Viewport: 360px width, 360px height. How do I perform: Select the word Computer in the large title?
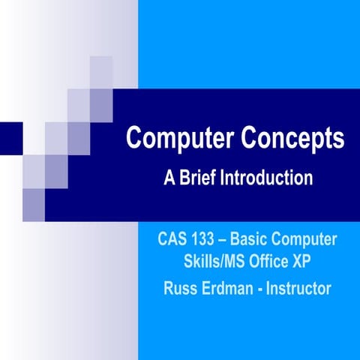178,139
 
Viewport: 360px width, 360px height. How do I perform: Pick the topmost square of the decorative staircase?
101,67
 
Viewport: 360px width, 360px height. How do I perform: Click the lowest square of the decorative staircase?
34,200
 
